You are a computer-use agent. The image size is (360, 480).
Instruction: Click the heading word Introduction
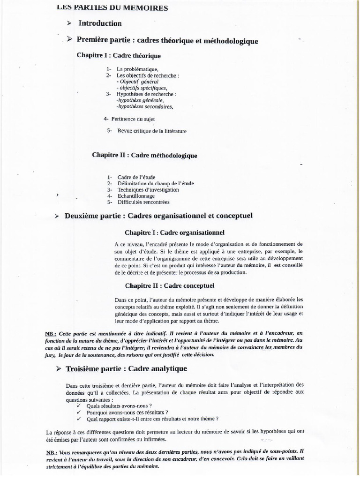pyautogui.click(x=100, y=23)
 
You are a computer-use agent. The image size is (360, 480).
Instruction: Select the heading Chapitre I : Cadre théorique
pyautogui.click(x=119, y=56)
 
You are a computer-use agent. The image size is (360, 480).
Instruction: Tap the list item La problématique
pyautogui.click(x=138, y=69)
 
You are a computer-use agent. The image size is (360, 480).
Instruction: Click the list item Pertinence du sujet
pyautogui.click(x=133, y=119)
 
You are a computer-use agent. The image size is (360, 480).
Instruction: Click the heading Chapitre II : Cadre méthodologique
pyautogui.click(x=144, y=155)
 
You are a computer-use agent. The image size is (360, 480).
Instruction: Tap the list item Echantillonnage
pyautogui.click(x=139, y=196)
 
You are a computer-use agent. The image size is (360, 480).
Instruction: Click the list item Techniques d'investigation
pyautogui.click(x=148, y=190)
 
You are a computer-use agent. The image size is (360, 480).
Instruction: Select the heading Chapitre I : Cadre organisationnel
pyautogui.click(x=174, y=232)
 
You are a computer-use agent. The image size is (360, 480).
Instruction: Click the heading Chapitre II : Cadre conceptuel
pyautogui.click(x=170, y=285)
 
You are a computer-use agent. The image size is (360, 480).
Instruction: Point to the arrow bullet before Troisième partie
pyautogui.click(x=58, y=370)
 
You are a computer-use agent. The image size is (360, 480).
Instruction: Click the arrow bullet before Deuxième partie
pyautogui.click(x=56, y=216)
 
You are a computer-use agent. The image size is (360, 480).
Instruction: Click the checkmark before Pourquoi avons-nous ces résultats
pyautogui.click(x=78, y=412)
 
